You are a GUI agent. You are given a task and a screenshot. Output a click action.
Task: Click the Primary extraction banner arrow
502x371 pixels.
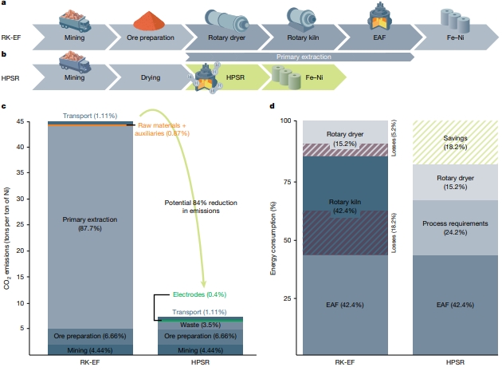(x=299, y=57)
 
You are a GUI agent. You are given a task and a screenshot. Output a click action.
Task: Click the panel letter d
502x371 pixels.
(x=273, y=106)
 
